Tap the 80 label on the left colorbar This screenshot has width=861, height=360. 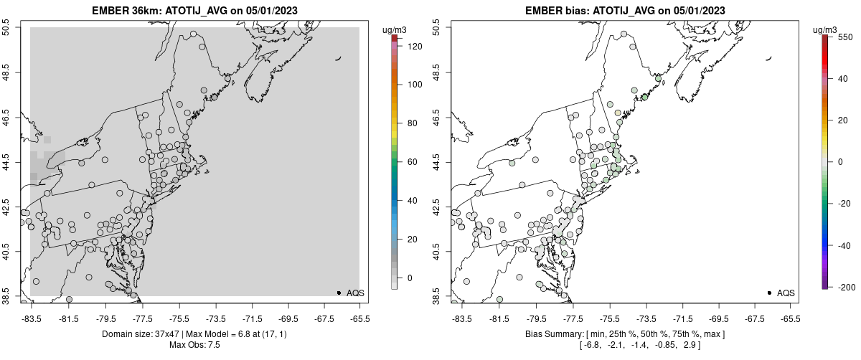pos(413,123)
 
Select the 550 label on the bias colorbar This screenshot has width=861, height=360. pos(844,37)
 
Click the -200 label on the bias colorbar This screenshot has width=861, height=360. pos(844,288)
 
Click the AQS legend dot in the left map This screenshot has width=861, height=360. pos(339,293)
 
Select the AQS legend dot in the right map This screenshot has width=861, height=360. pos(769,293)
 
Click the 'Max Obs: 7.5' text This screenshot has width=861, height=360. pos(194,345)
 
